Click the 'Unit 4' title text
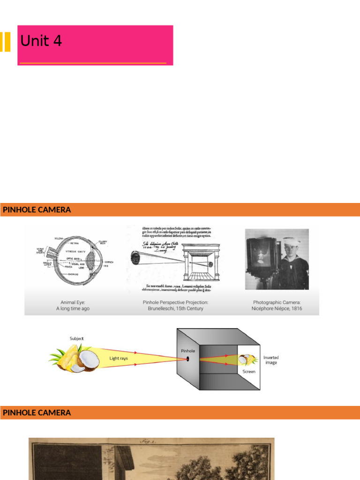coord(41,42)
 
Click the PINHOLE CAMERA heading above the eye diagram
coord(37,210)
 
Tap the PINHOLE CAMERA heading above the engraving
coord(37,413)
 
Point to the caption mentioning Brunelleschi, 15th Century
coord(176,306)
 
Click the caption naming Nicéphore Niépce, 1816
coord(277,306)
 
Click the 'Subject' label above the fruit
coord(77,338)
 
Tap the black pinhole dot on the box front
coord(188,360)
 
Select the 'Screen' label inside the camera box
coord(249,371)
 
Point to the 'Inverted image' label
coord(271,360)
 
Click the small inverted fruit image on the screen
coord(247,360)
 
